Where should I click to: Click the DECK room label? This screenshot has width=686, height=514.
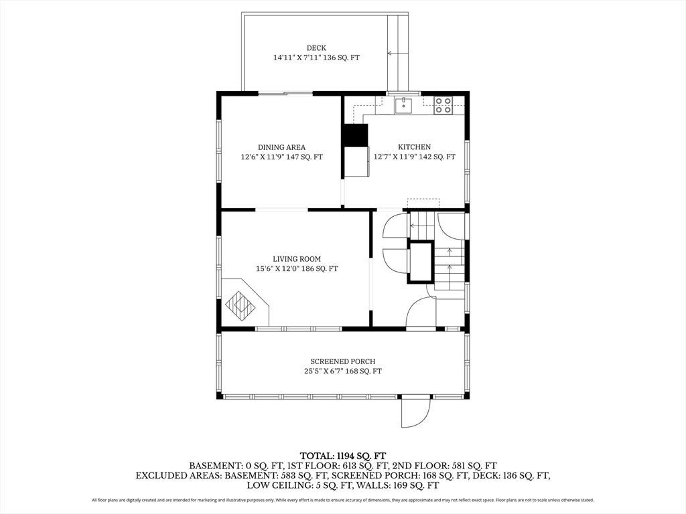(x=316, y=48)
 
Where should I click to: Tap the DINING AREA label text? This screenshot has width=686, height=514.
(x=281, y=147)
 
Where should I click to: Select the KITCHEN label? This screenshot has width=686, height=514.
(x=414, y=147)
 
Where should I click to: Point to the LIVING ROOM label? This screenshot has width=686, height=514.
(x=297, y=259)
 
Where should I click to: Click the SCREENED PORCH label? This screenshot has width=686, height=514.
(x=342, y=361)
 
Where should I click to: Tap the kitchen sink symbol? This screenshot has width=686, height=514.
(x=403, y=105)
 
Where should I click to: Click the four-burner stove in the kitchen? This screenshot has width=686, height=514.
(x=443, y=105)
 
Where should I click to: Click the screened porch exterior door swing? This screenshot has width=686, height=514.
(x=416, y=412)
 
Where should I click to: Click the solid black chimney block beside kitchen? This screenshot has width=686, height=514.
(x=355, y=135)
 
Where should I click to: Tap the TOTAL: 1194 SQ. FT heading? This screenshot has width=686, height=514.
(x=342, y=456)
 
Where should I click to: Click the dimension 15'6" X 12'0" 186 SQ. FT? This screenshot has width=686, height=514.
(x=297, y=268)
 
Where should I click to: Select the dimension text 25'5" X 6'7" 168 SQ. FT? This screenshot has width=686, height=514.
(x=342, y=371)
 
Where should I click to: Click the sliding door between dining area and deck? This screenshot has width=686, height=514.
(x=285, y=92)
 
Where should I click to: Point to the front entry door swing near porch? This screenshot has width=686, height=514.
(x=421, y=312)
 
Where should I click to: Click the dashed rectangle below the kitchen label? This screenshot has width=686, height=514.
(x=423, y=203)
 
